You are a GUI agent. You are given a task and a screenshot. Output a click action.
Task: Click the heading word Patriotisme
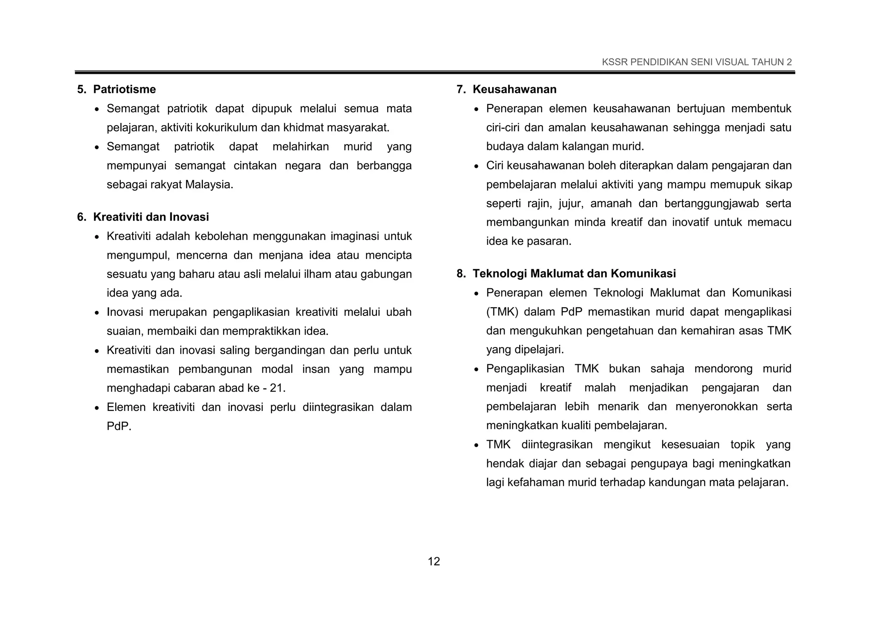click(124, 89)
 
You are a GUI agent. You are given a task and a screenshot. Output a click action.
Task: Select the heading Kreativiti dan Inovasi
click(151, 217)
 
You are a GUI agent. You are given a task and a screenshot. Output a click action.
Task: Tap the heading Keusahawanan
click(515, 89)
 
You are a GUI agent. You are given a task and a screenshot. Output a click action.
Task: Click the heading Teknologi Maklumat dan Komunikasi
click(574, 274)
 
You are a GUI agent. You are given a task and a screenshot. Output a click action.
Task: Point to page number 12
click(434, 561)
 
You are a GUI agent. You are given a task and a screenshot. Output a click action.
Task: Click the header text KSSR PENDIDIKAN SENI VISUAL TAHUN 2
click(697, 62)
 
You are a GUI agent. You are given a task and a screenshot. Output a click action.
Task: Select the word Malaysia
click(209, 185)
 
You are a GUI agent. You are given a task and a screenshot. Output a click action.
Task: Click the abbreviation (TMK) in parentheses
click(502, 312)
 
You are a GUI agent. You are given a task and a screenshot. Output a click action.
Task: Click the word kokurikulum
click(226, 128)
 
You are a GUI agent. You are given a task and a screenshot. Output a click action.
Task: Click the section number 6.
click(81, 217)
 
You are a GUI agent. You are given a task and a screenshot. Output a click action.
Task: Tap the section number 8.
click(461, 274)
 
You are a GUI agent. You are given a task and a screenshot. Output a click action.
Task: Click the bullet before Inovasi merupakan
click(97, 313)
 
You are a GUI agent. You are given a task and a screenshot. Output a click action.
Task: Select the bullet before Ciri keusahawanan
click(477, 167)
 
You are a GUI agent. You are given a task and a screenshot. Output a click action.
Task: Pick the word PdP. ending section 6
click(119, 426)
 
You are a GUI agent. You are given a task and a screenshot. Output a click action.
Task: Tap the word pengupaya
click(660, 464)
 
